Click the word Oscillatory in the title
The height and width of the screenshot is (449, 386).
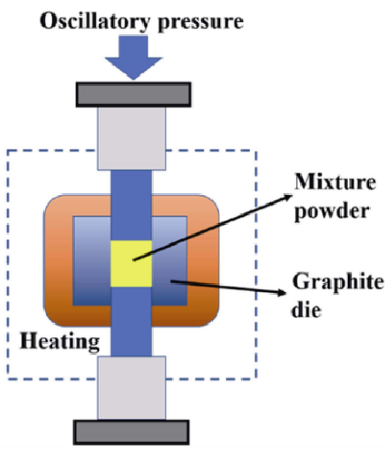(95, 21)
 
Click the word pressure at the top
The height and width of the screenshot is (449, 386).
(201, 23)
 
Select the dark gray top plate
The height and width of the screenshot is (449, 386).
(133, 94)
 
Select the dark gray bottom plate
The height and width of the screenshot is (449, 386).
(132, 432)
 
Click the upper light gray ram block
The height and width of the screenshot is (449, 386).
(132, 138)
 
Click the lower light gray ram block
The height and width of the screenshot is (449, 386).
(132, 388)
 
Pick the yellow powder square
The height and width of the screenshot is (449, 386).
(132, 264)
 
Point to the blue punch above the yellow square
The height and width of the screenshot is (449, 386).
(132, 206)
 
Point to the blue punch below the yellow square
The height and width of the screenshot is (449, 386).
(132, 321)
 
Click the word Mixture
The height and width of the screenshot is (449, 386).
(335, 182)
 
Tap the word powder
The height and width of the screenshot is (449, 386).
(332, 211)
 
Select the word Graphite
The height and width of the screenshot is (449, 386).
(338, 282)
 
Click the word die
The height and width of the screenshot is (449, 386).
(307, 310)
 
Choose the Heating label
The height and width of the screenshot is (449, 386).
(59, 342)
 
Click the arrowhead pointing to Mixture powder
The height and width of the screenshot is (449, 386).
(287, 197)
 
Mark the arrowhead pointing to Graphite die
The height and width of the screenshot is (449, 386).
(281, 293)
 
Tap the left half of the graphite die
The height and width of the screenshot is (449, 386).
(92, 261)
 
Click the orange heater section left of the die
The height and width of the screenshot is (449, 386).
(58, 261)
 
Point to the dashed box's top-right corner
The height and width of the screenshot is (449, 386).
(257, 151)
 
